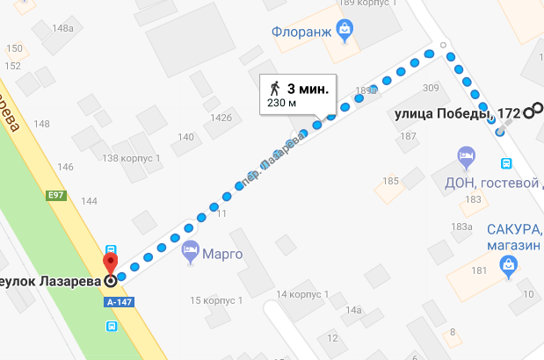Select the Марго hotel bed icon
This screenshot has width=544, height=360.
190,255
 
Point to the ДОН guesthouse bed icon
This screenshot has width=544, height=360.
466,159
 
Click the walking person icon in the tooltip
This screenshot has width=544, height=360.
275,88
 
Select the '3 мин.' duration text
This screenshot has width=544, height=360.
308,88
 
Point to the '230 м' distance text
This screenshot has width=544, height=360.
281,104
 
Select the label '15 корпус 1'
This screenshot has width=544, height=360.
215,300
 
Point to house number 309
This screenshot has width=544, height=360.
430,88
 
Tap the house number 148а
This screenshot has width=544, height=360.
62,28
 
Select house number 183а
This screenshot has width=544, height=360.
462,227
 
